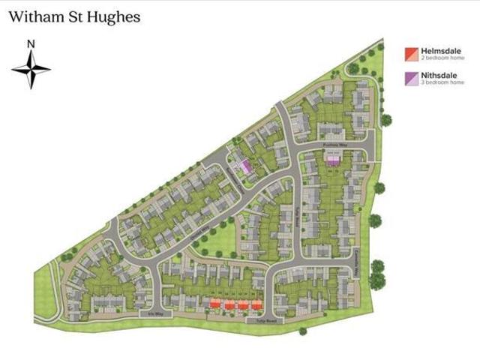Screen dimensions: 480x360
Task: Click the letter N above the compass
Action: (x=31, y=44)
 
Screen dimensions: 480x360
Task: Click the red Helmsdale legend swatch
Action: (x=410, y=54)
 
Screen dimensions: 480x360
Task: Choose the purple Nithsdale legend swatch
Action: (x=410, y=78)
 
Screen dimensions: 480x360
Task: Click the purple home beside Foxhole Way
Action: (x=333, y=160)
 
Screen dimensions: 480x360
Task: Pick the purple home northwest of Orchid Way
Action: (x=244, y=167)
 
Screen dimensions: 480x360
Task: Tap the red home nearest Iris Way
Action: (x=215, y=304)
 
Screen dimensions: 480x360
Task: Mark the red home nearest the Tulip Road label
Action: (x=256, y=304)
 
